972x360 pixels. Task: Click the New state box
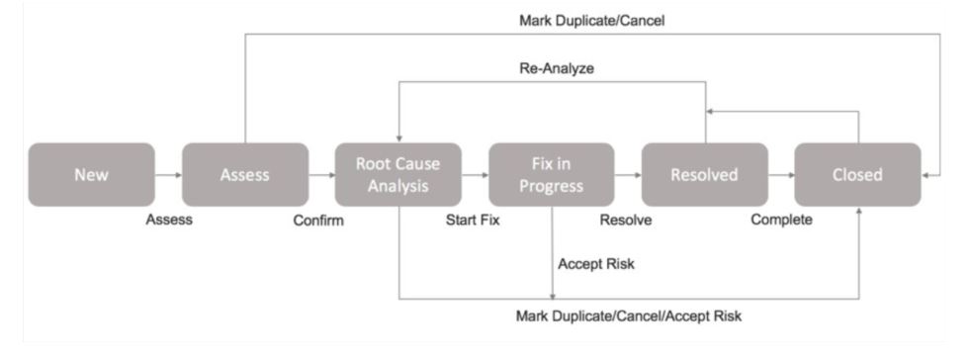pyautogui.click(x=91, y=175)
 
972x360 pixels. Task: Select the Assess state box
pyautogui.click(x=244, y=175)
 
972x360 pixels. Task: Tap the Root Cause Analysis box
pyautogui.click(x=398, y=175)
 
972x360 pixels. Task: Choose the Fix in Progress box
pyautogui.click(x=551, y=175)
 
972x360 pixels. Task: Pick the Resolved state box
pyautogui.click(x=704, y=175)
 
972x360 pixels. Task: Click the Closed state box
pyautogui.click(x=858, y=175)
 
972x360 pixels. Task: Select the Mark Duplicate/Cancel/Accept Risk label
pyautogui.click(x=629, y=316)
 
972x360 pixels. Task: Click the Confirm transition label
pyautogui.click(x=318, y=221)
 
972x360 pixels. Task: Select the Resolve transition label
pyautogui.click(x=626, y=221)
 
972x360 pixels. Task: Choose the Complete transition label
pyautogui.click(x=781, y=221)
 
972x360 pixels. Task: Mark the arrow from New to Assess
pyautogui.click(x=168, y=176)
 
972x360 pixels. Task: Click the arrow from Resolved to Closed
pyautogui.click(x=781, y=176)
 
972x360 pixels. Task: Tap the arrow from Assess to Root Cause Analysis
pyautogui.click(x=321, y=176)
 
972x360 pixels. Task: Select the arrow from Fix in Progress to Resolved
pyautogui.click(x=628, y=176)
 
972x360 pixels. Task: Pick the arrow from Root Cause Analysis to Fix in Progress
pyautogui.click(x=475, y=176)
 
